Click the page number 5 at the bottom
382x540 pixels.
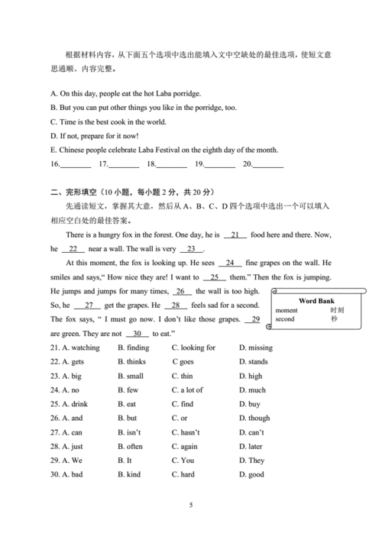(x=191, y=506)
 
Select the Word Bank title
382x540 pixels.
(x=316, y=301)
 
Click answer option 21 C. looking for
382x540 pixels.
(x=193, y=348)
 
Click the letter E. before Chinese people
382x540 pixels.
(x=53, y=150)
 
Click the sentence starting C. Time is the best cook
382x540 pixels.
(x=108, y=121)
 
